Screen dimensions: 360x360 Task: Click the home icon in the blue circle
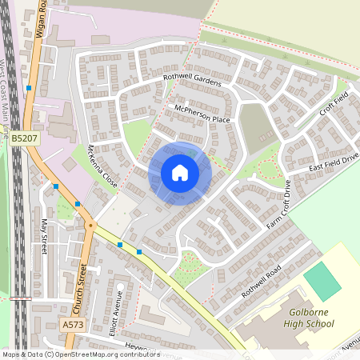click(180, 173)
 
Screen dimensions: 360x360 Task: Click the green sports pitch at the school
click(322, 281)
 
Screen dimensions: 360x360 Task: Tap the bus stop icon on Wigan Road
click(29, 88)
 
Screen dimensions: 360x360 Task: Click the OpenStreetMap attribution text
click(80, 354)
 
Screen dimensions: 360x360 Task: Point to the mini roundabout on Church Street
click(91, 225)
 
